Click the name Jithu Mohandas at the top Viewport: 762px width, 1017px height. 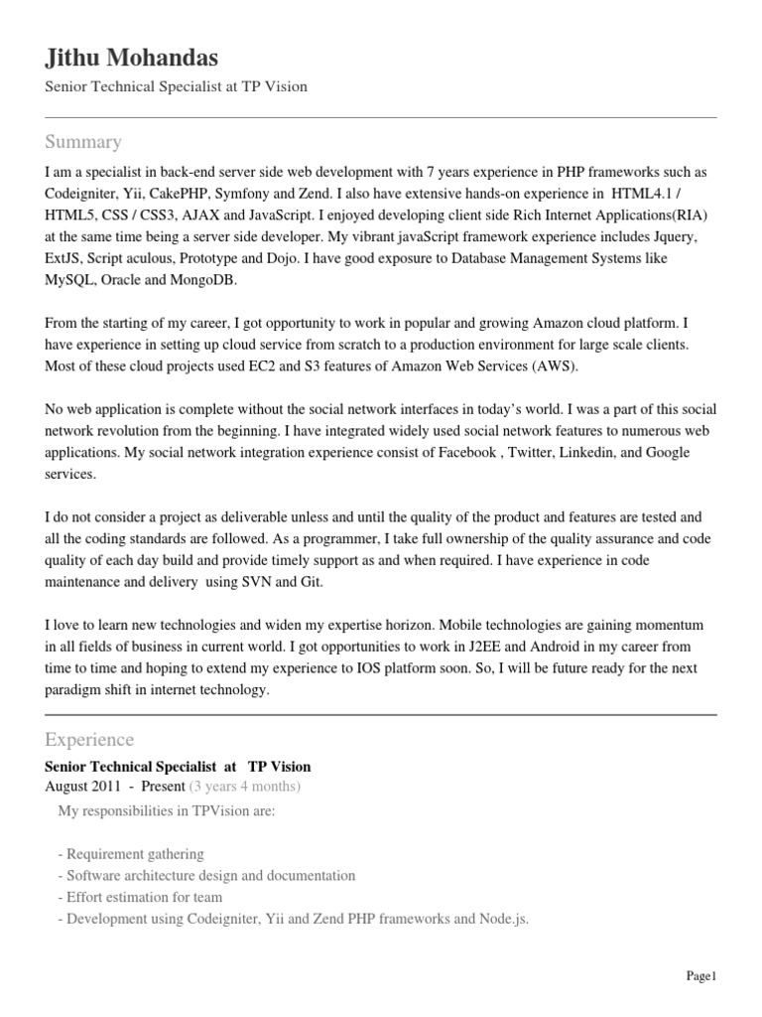132,57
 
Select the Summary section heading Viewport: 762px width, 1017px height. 83,141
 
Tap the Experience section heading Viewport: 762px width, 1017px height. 89,740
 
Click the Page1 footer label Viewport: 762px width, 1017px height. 700,977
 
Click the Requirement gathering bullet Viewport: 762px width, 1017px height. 131,854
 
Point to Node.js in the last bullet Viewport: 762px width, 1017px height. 504,920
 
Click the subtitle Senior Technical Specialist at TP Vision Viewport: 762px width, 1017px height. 177,86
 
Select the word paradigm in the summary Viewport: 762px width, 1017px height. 76,690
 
